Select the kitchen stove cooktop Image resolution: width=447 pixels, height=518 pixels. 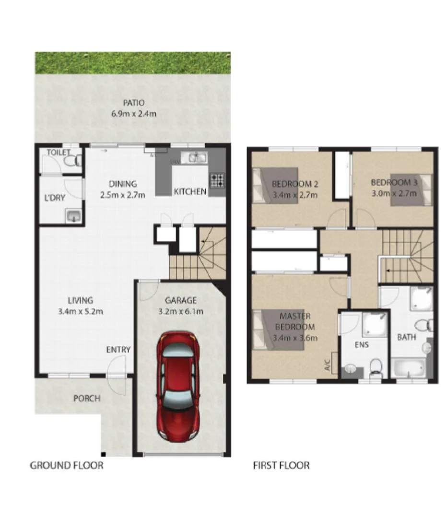(x=217, y=180)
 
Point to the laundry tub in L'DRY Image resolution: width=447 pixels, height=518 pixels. (x=73, y=216)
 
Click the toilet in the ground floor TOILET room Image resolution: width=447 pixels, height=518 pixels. (x=74, y=160)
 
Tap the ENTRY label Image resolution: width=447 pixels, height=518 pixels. (x=118, y=350)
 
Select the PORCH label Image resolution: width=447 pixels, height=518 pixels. (x=87, y=399)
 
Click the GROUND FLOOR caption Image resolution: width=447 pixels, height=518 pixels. (x=66, y=465)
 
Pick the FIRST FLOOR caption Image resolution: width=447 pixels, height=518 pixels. (x=281, y=465)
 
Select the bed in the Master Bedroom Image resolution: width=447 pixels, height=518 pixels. (x=278, y=330)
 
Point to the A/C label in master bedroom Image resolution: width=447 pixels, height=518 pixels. (x=328, y=366)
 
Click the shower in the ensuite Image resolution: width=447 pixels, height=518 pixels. (x=374, y=324)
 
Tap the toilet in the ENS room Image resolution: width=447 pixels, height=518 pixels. (x=376, y=369)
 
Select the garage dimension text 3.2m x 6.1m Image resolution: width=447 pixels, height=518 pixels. (x=181, y=311)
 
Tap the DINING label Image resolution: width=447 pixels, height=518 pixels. (x=123, y=184)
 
